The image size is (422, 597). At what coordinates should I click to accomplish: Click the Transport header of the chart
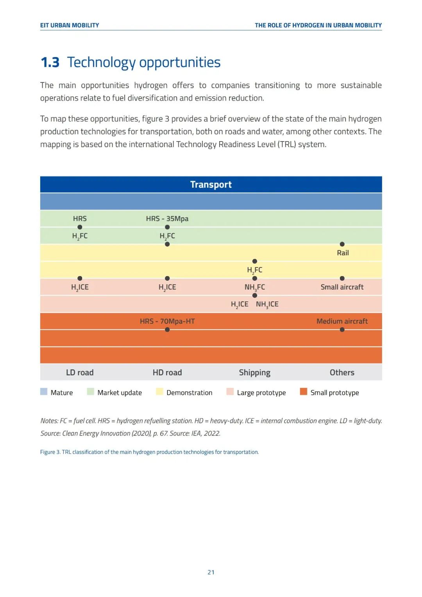(211, 185)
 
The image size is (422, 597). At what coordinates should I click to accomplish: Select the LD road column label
(80, 373)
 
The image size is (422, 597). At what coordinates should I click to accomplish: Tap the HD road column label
(167, 373)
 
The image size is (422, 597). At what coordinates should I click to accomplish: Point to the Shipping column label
(254, 373)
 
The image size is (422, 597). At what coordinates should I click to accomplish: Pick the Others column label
(342, 373)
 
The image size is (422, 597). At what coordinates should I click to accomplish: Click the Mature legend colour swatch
(44, 392)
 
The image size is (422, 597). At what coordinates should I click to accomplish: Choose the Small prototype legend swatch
(304, 392)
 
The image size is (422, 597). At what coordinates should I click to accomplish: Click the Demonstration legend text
(190, 393)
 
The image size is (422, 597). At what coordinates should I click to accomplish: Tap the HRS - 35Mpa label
(167, 219)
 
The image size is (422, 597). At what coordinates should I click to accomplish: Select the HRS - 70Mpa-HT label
(167, 321)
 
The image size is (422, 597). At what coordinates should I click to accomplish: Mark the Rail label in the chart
(343, 253)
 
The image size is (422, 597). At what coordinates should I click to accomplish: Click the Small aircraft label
(342, 287)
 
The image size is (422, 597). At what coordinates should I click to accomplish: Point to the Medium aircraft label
(342, 321)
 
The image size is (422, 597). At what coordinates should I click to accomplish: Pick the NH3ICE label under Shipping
(267, 304)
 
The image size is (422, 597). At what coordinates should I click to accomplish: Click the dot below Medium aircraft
(342, 330)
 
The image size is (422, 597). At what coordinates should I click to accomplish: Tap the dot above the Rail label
(342, 244)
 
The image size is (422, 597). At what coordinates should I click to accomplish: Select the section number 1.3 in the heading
(50, 63)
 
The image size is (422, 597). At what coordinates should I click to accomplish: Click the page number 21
(211, 572)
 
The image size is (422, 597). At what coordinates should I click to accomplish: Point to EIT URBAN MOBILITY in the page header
(70, 25)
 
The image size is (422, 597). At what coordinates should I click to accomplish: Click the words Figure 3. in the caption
(50, 452)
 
